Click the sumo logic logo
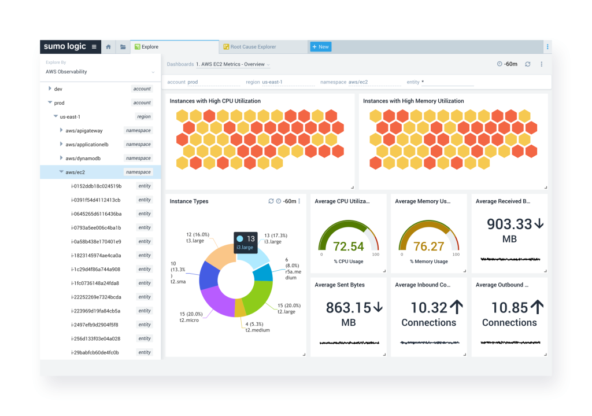coord(65,46)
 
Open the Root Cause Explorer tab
coord(253,47)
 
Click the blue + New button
coord(320,47)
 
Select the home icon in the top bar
coord(108,47)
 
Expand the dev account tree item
coord(50,89)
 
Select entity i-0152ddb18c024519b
coord(96,186)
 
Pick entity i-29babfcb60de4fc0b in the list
coord(95,352)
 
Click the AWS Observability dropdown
coord(100,72)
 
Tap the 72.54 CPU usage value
coord(348,246)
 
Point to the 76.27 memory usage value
coord(428,246)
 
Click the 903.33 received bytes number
coord(509,224)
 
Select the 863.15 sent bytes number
coord(348,307)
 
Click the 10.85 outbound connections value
coord(509,307)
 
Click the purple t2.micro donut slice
coord(219,301)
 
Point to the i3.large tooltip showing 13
coord(245,242)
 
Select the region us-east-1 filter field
coord(280,82)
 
